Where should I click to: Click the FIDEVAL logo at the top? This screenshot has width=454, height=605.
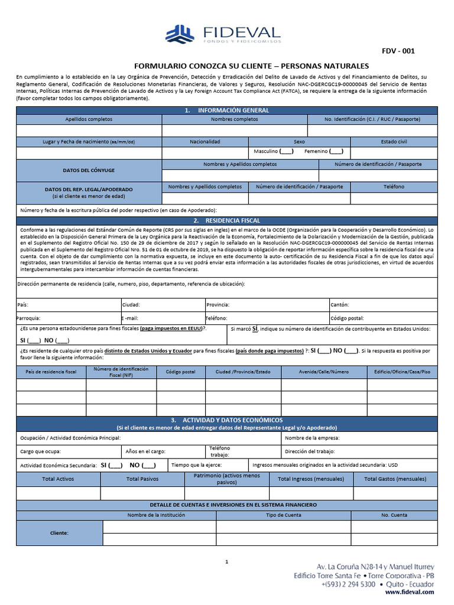click(x=222, y=34)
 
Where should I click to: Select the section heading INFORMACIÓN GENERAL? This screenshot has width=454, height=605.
click(x=226, y=110)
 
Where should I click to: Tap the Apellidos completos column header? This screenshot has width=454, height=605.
click(x=89, y=119)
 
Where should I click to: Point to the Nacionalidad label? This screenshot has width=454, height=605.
click(x=205, y=142)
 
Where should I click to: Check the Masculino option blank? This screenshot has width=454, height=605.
click(x=286, y=152)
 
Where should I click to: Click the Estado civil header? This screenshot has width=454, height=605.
click(x=394, y=142)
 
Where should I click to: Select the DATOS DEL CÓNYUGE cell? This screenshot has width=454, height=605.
click(x=89, y=170)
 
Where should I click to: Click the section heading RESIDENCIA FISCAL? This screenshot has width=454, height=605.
click(x=226, y=220)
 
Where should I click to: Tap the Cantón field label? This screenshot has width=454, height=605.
click(x=340, y=305)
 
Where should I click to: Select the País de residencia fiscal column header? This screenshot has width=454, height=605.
click(x=51, y=372)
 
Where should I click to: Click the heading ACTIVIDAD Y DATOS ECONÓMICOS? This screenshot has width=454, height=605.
click(x=226, y=420)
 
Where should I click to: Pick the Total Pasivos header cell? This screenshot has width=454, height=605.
click(x=142, y=479)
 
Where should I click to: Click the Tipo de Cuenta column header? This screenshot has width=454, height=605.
click(x=284, y=515)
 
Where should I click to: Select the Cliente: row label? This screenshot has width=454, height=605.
click(x=59, y=533)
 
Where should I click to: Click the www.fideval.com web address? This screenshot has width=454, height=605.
click(x=410, y=592)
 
